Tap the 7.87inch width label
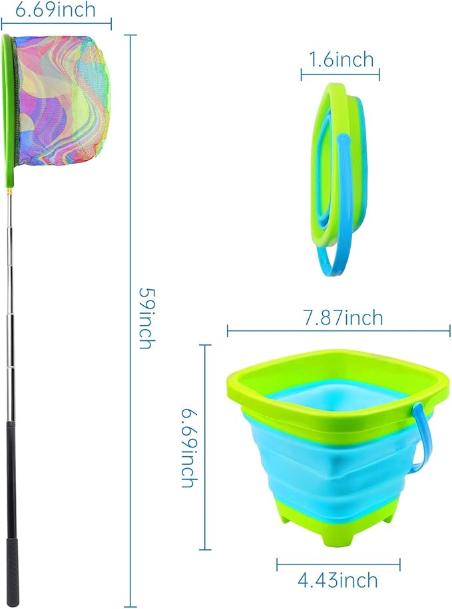point(343,318)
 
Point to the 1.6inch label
point(341,61)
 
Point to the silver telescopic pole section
point(11,299)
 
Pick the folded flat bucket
point(336,166)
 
